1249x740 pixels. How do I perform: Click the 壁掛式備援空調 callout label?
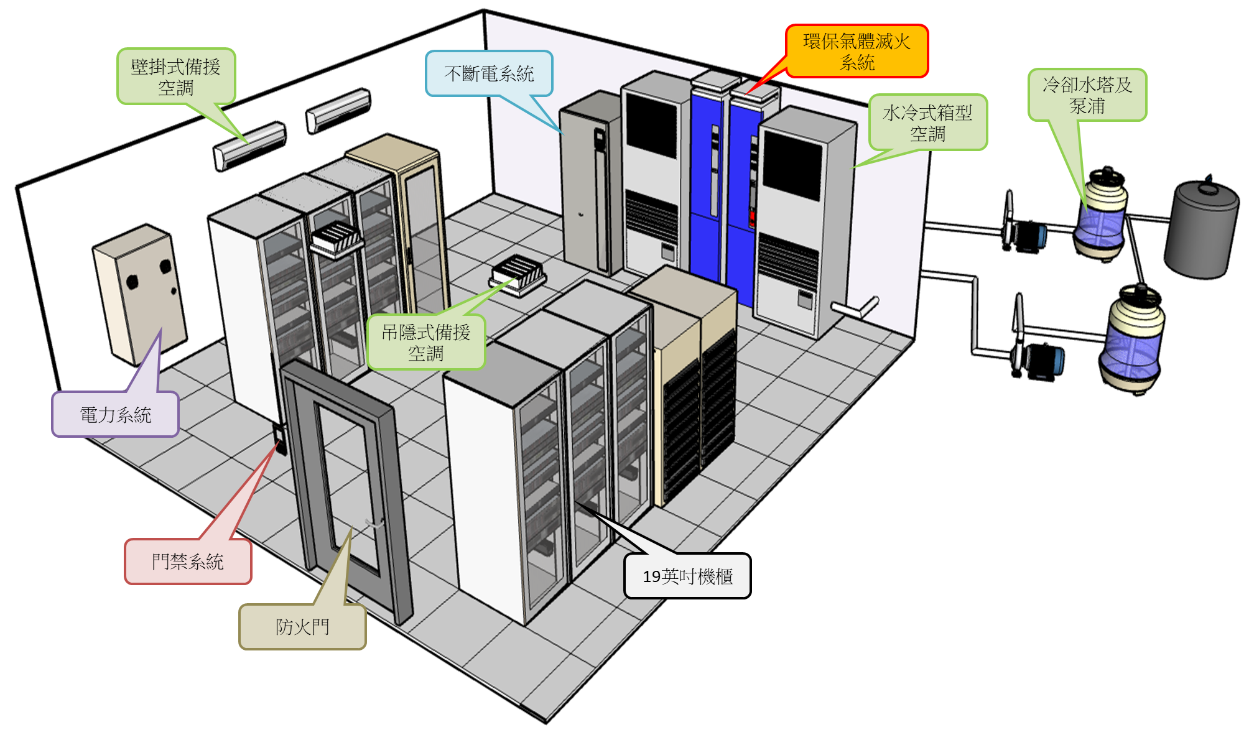(x=176, y=76)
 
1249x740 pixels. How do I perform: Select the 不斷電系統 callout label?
(x=489, y=73)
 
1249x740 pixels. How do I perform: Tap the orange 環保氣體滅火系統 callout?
(x=857, y=51)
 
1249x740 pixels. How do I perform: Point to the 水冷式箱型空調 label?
(x=927, y=123)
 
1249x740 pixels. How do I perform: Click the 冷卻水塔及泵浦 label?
(x=1087, y=95)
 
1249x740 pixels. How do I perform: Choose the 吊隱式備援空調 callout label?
(x=426, y=342)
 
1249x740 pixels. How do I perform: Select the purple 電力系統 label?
(x=116, y=414)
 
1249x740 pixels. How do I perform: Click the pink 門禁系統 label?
(x=188, y=562)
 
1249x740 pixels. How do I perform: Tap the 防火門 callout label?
(x=302, y=626)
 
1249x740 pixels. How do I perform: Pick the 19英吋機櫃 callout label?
(x=687, y=576)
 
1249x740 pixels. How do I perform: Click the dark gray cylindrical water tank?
(x=1200, y=230)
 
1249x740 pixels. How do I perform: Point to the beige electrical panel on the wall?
(x=141, y=292)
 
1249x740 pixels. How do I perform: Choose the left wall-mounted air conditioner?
(x=249, y=146)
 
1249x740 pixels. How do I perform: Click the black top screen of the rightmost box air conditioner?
(x=792, y=165)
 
